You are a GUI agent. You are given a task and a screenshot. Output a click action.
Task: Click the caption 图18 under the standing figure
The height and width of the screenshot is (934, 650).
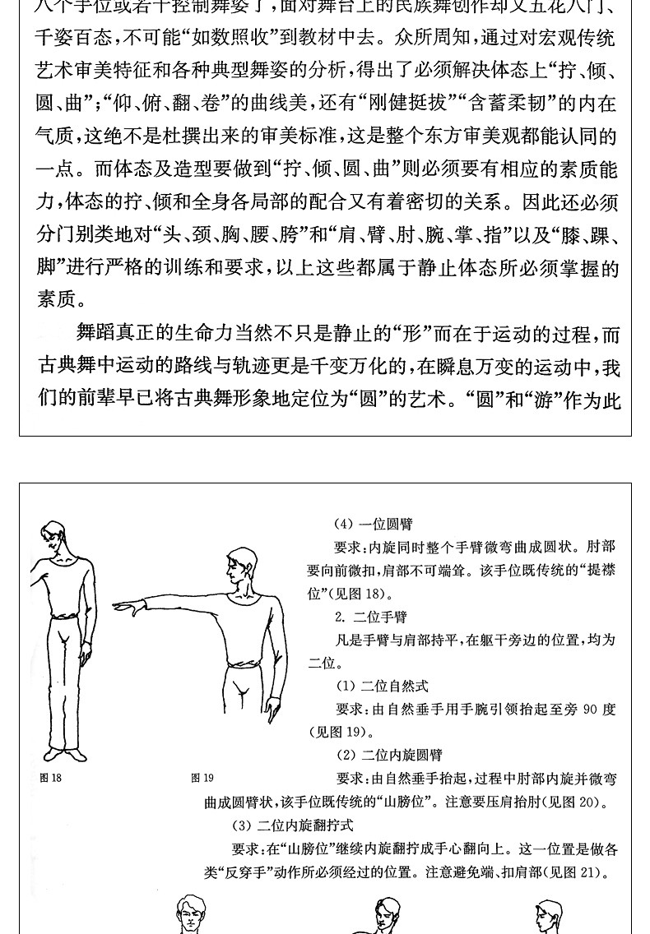[50, 778]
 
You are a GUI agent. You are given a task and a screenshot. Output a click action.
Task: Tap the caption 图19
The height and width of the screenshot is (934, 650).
[202, 778]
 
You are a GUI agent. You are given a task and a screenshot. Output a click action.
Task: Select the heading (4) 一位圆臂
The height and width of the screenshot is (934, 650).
[373, 524]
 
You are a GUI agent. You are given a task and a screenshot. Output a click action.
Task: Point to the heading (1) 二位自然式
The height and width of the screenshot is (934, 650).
[382, 686]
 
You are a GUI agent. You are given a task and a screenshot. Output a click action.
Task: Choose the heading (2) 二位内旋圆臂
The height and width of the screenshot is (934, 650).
[389, 755]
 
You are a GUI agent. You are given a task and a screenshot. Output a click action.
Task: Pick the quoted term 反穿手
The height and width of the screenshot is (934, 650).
[248, 872]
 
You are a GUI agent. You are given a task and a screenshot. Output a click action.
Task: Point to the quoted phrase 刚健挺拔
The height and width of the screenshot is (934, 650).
[412, 103]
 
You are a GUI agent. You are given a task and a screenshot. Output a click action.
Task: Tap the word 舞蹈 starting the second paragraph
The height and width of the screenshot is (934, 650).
[95, 333]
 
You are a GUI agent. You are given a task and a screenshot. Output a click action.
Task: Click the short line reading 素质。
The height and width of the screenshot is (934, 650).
[62, 299]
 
